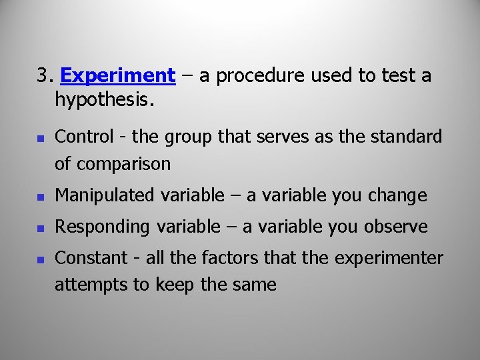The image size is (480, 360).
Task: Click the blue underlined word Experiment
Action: click(x=117, y=76)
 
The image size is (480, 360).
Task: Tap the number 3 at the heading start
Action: click(x=43, y=76)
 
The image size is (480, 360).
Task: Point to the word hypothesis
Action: click(x=105, y=101)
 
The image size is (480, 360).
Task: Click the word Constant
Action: click(x=91, y=258)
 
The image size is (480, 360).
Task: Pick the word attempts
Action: click(x=85, y=285)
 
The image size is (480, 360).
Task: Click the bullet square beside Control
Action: click(x=40, y=139)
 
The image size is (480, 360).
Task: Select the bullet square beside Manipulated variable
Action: click(x=40, y=197)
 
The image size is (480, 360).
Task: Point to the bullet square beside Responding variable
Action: click(x=40, y=228)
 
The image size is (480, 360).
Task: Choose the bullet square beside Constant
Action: click(x=40, y=259)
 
